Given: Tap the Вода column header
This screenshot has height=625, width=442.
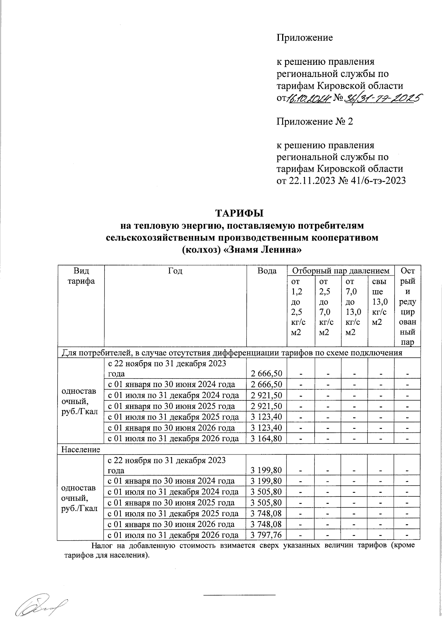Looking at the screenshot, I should [x=267, y=271].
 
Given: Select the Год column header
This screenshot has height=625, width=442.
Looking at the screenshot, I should [x=175, y=271].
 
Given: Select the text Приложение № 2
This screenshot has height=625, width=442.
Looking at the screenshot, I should [x=315, y=121].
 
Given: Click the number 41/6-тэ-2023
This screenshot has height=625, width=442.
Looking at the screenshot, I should [x=376, y=180].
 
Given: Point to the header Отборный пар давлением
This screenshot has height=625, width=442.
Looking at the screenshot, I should [x=341, y=271].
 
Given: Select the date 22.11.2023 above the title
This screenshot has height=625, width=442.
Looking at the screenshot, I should [x=309, y=180].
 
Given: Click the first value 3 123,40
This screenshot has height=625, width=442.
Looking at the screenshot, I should [x=266, y=417].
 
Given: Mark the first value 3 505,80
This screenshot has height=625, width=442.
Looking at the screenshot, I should [x=266, y=492].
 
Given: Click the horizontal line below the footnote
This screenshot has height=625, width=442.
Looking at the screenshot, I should [x=239, y=595].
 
